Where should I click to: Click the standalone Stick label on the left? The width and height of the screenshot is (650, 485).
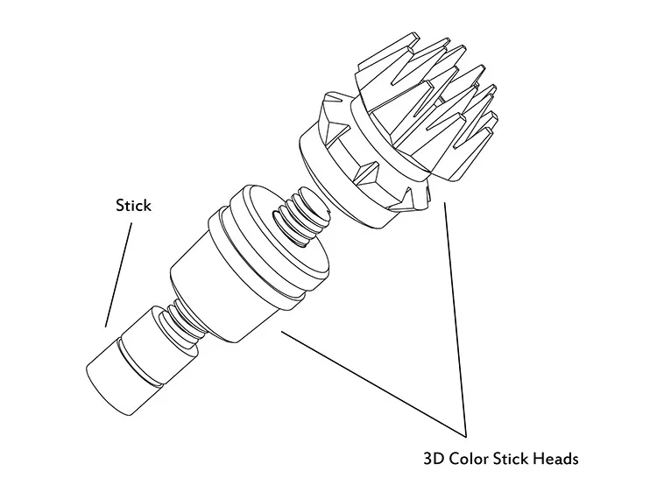pyautogui.click(x=133, y=206)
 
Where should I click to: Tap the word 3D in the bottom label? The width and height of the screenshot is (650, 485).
pyautogui.click(x=435, y=458)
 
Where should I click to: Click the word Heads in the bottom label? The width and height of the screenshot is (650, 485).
pyautogui.click(x=555, y=458)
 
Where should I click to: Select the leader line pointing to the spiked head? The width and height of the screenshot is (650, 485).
pyautogui.click(x=455, y=315)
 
